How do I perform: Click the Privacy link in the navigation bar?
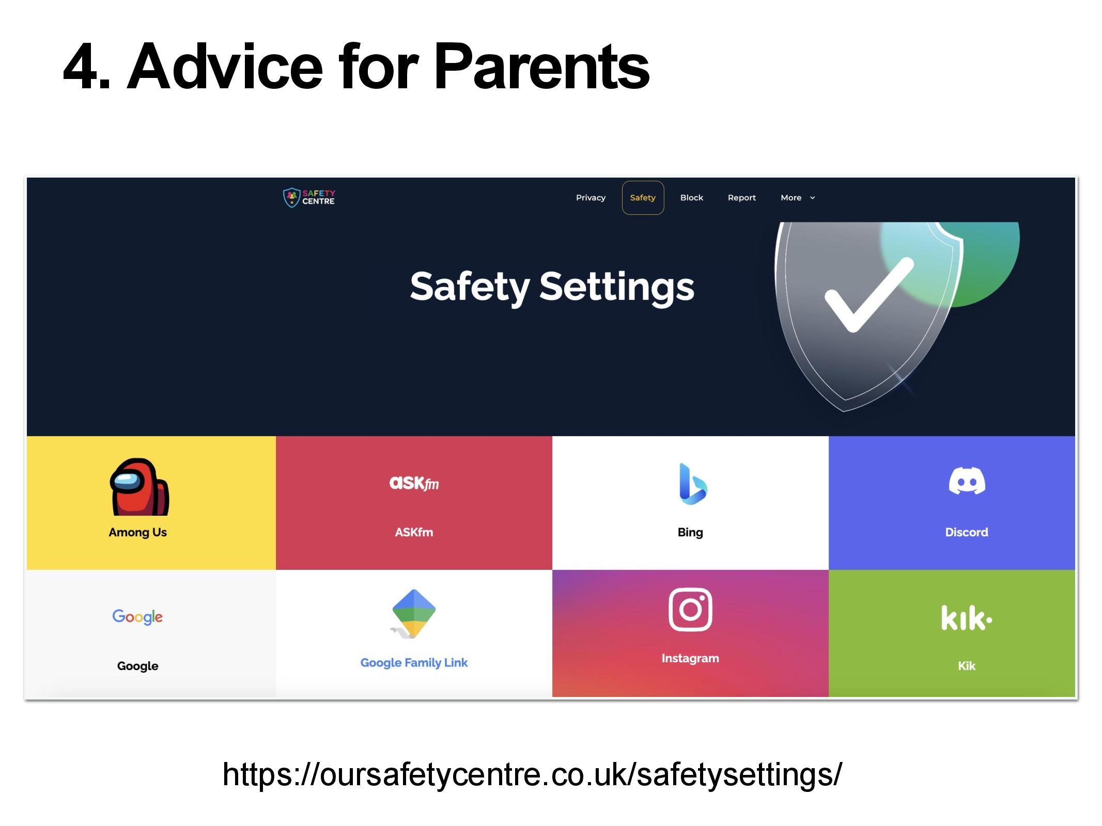591,198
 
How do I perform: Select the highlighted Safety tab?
643,198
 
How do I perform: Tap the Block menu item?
692,198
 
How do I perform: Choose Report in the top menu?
741,198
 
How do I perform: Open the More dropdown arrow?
812,198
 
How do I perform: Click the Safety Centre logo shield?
291,198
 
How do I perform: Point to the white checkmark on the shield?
868,295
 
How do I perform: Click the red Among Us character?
139,487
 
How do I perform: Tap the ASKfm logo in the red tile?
414,483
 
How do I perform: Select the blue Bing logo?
692,484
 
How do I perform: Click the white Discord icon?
967,481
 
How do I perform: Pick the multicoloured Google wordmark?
137,616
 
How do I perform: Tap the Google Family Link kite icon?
414,613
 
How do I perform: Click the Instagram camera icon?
690,610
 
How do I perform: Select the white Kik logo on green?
966,618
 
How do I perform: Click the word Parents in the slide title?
541,67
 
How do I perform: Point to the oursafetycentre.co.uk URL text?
532,774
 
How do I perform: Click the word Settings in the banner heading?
617,287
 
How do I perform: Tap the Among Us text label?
137,532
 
